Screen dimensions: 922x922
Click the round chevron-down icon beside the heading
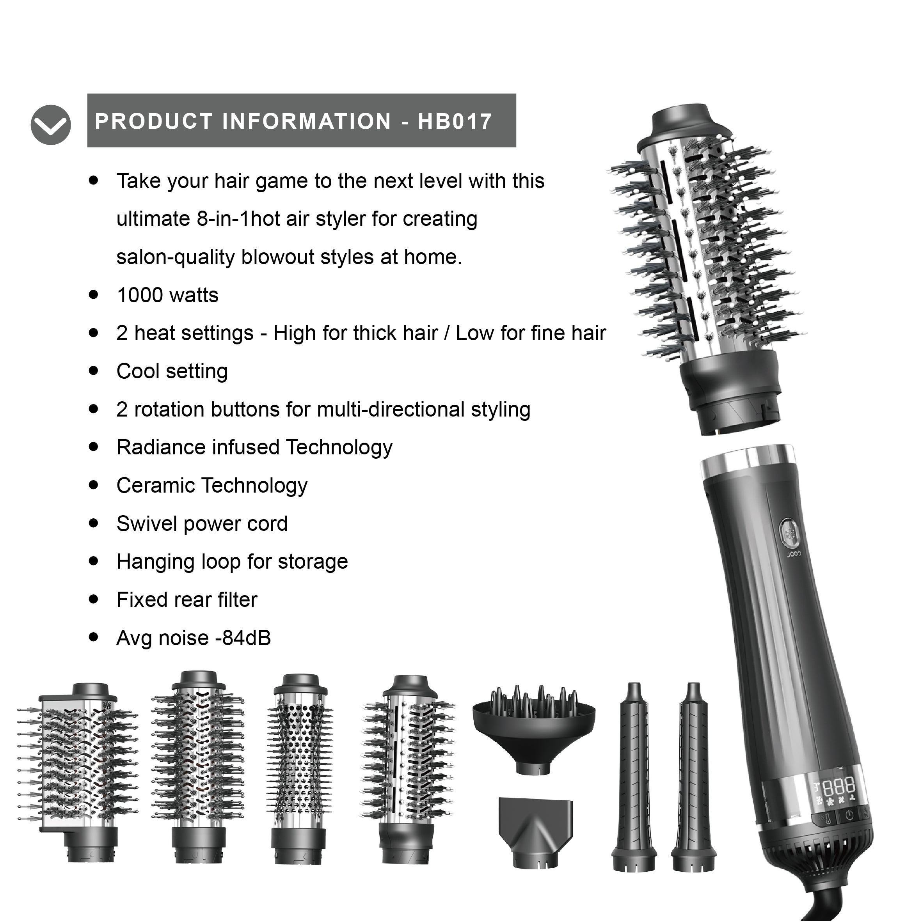(x=51, y=124)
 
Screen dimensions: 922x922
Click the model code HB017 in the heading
(x=455, y=121)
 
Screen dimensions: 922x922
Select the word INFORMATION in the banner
(x=307, y=121)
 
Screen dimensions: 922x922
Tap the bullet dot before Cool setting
(x=94, y=371)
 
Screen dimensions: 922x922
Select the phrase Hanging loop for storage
(x=232, y=562)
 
